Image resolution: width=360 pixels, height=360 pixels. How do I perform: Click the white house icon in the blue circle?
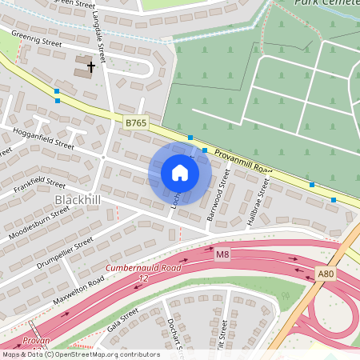(180, 173)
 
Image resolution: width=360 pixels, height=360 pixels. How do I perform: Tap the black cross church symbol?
(91, 67)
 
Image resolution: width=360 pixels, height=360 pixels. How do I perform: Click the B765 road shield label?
(136, 122)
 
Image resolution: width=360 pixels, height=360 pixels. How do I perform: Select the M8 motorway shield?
(222, 254)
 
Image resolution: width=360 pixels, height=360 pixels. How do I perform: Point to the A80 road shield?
(324, 274)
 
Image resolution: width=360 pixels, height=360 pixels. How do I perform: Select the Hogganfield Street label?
(44, 137)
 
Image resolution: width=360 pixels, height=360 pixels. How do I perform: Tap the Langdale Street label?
(98, 37)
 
